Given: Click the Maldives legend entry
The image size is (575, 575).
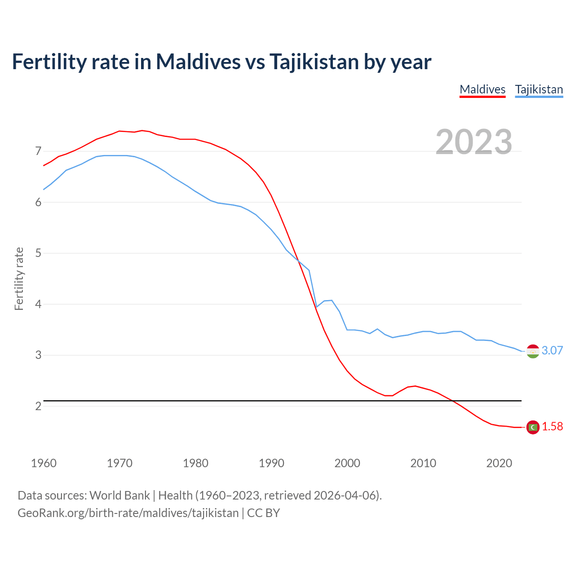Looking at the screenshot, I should click(482, 89).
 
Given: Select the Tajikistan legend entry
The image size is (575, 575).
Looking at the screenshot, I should click(539, 89).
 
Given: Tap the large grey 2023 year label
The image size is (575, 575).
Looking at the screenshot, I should click(473, 142).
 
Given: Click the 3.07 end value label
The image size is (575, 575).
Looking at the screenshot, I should click(552, 350).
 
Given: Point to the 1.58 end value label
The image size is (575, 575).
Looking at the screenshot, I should click(552, 426).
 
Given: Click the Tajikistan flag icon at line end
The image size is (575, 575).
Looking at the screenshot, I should click(533, 351).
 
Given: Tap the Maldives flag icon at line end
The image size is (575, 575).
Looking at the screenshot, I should click(533, 427).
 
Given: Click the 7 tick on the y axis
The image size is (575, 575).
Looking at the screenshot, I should click(38, 151).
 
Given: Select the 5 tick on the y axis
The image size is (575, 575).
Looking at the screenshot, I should click(38, 253).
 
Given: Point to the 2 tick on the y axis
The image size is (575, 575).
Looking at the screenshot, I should click(38, 406).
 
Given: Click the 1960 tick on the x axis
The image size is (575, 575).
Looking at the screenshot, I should click(44, 463).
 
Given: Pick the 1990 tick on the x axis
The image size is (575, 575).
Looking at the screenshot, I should click(271, 463).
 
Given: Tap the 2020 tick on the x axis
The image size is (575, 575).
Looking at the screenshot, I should click(499, 463).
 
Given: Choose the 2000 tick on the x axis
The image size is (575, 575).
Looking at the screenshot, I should click(347, 463).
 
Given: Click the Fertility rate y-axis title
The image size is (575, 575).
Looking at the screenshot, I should click(19, 279).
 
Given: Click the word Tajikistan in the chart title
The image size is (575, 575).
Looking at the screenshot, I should click(314, 62).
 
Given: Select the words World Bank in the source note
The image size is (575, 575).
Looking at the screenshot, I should click(119, 495).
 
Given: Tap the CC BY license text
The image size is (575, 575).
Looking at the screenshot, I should click(264, 513).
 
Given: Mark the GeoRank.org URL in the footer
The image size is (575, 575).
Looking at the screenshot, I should click(128, 513).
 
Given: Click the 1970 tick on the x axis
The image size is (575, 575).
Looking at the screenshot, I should click(119, 463).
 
